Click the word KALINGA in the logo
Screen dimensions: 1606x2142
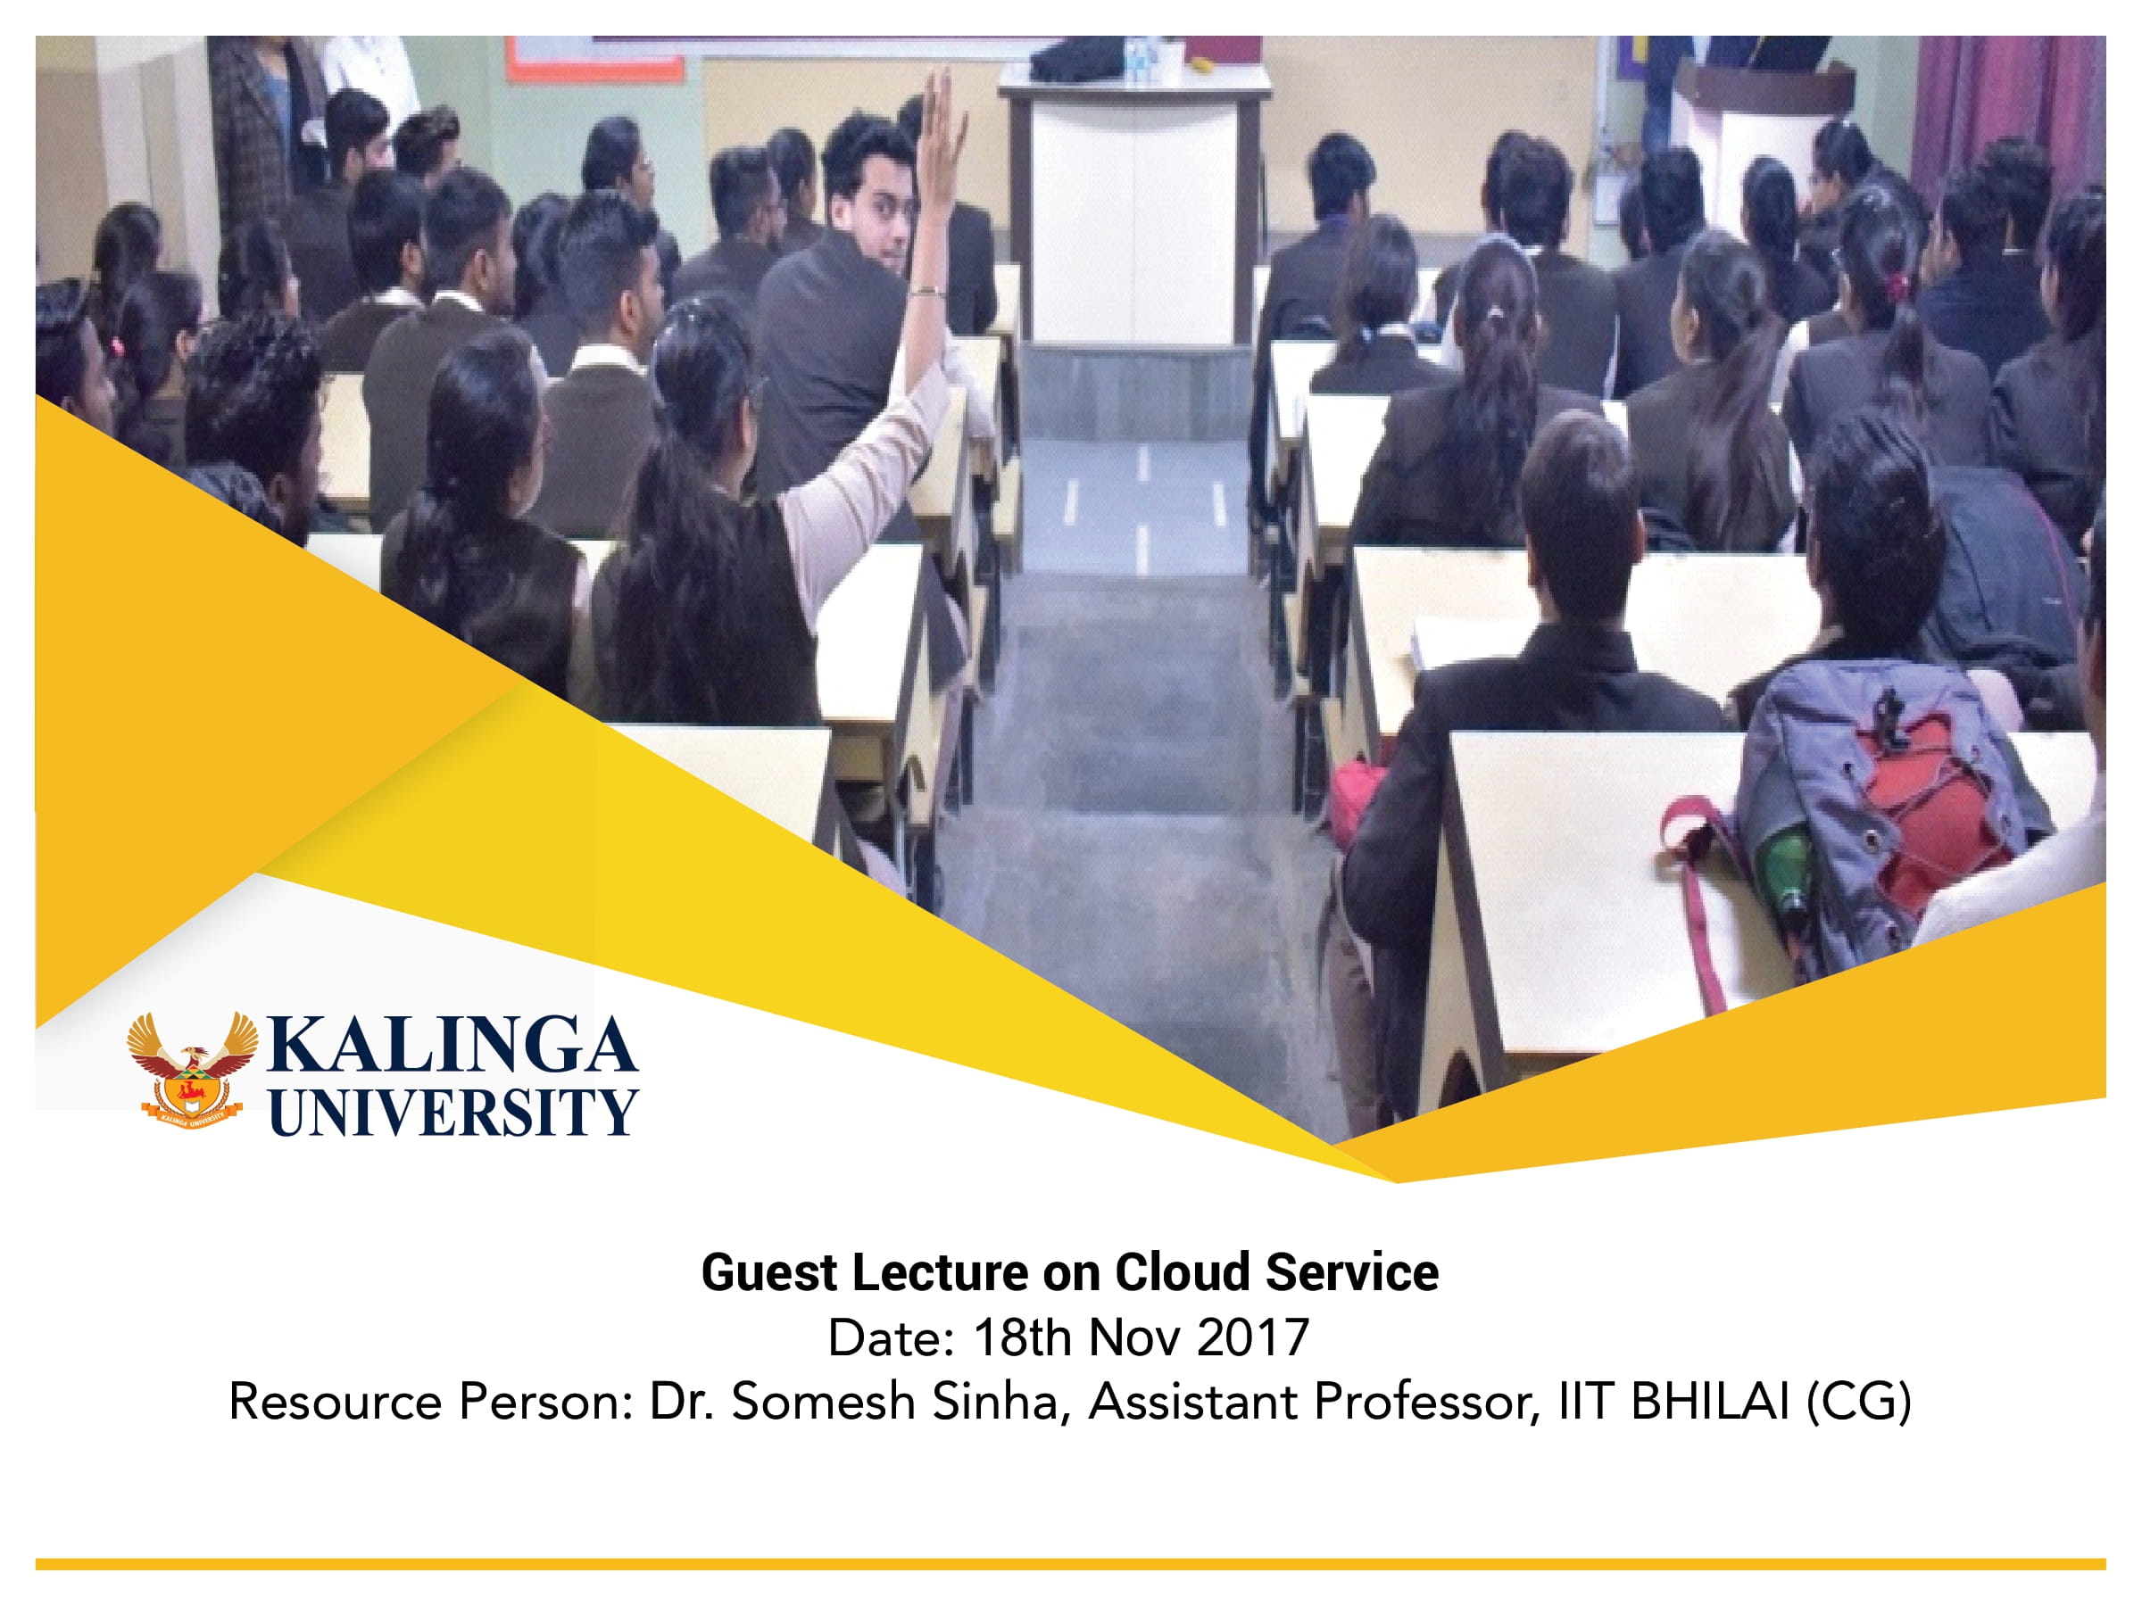click(x=452, y=1046)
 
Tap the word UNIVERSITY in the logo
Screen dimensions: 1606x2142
click(x=452, y=1112)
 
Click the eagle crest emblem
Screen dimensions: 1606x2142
click(x=192, y=1069)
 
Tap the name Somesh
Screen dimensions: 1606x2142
click(x=822, y=1402)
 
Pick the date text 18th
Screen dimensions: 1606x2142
click(x=1023, y=1337)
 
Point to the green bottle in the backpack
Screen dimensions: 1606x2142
click(x=1785, y=871)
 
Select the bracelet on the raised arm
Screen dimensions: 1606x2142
click(x=926, y=290)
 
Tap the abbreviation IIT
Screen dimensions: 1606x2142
click(x=1586, y=1402)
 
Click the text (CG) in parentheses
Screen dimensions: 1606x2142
click(x=1858, y=1402)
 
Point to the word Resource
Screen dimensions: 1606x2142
click(x=337, y=1402)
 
